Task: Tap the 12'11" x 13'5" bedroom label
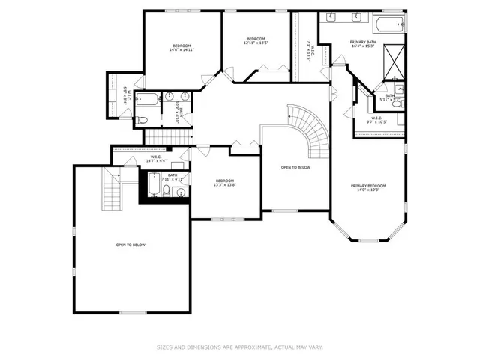pyautogui.click(x=256, y=41)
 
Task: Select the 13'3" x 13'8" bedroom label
pyautogui.click(x=225, y=183)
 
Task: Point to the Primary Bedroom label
pyautogui.click(x=369, y=187)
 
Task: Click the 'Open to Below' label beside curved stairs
pyautogui.click(x=295, y=167)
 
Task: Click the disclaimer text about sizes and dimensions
pyautogui.click(x=239, y=346)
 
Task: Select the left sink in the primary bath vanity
pyautogui.click(x=331, y=16)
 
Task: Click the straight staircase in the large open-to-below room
pyautogui.click(x=112, y=193)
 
